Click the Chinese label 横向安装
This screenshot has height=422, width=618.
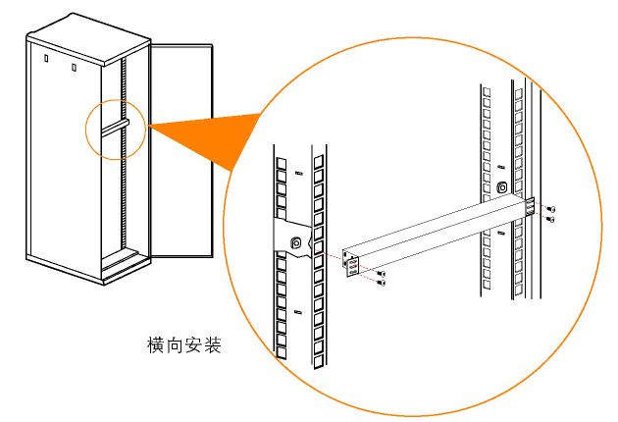(x=184, y=345)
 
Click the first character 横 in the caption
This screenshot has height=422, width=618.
(x=157, y=345)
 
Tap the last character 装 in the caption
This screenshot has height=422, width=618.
(x=212, y=345)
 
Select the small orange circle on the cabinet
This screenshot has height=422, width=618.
(x=115, y=128)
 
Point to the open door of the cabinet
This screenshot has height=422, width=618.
(x=181, y=147)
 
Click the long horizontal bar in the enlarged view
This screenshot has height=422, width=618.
(x=432, y=230)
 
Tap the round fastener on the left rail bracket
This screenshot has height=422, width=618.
(x=295, y=242)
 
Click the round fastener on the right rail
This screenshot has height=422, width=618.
(x=502, y=187)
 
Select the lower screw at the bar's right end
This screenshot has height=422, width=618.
(x=551, y=219)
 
